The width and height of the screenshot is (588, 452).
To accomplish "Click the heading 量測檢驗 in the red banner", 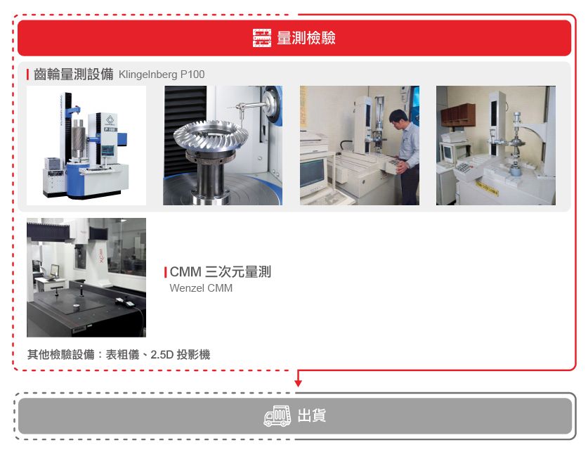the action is click(x=306, y=38).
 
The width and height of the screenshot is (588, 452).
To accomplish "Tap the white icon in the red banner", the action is click(x=262, y=38).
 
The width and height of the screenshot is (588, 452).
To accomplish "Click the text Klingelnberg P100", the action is click(x=162, y=75).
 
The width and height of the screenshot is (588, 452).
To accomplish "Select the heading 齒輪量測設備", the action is click(x=74, y=74).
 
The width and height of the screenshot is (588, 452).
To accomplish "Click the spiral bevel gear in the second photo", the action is click(x=211, y=138).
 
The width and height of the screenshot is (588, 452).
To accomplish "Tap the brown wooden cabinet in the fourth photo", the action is click(x=457, y=115).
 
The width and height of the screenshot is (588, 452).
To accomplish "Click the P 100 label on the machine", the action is click(x=110, y=129).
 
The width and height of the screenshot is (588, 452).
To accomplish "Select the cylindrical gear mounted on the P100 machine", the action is click(x=79, y=138).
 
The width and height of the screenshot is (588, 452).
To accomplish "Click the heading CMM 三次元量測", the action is click(x=220, y=272).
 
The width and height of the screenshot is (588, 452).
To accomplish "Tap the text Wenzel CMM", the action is click(x=201, y=288).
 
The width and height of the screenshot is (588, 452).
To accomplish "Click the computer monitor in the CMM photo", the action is click(x=54, y=270).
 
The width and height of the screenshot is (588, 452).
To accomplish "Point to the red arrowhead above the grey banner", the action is click(x=298, y=382).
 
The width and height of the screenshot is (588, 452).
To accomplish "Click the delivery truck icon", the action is click(x=277, y=415).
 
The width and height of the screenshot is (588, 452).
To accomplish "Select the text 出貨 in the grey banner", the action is click(x=312, y=415).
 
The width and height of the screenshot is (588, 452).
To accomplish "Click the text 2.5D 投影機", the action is click(x=181, y=354).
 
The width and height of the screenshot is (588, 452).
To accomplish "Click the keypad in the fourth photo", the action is click(x=464, y=167).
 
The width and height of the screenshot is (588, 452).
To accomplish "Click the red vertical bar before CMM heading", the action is click(x=165, y=272).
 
